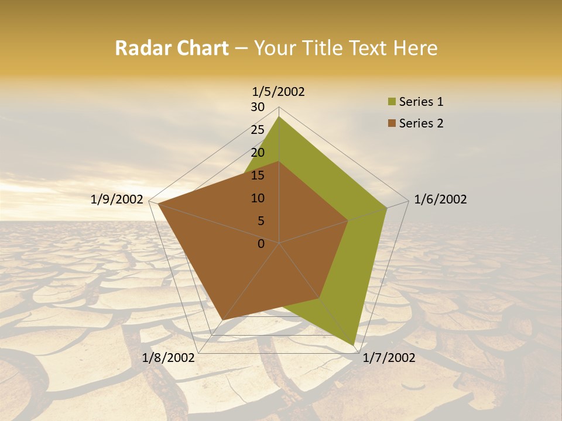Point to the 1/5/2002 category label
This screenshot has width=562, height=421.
[x=279, y=91]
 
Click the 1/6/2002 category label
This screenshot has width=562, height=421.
[x=440, y=199]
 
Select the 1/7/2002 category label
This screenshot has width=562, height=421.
[x=389, y=358]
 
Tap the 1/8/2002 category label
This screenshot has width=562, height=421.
[x=169, y=358]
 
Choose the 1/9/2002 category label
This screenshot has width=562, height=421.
[x=117, y=199]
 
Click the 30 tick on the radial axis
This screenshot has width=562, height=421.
[x=258, y=107]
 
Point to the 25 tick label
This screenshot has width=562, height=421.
[x=258, y=130]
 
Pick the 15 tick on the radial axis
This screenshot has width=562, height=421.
[x=258, y=175]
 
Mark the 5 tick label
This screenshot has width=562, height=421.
[x=261, y=221]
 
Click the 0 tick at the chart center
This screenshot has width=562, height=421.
[x=261, y=244]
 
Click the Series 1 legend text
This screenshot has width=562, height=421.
[x=421, y=102]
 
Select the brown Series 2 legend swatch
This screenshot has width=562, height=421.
[x=392, y=123]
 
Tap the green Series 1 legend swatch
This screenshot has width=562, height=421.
[x=392, y=102]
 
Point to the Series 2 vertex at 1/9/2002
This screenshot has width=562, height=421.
[x=158, y=204]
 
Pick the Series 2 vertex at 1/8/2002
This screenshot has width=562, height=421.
[x=222, y=320]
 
